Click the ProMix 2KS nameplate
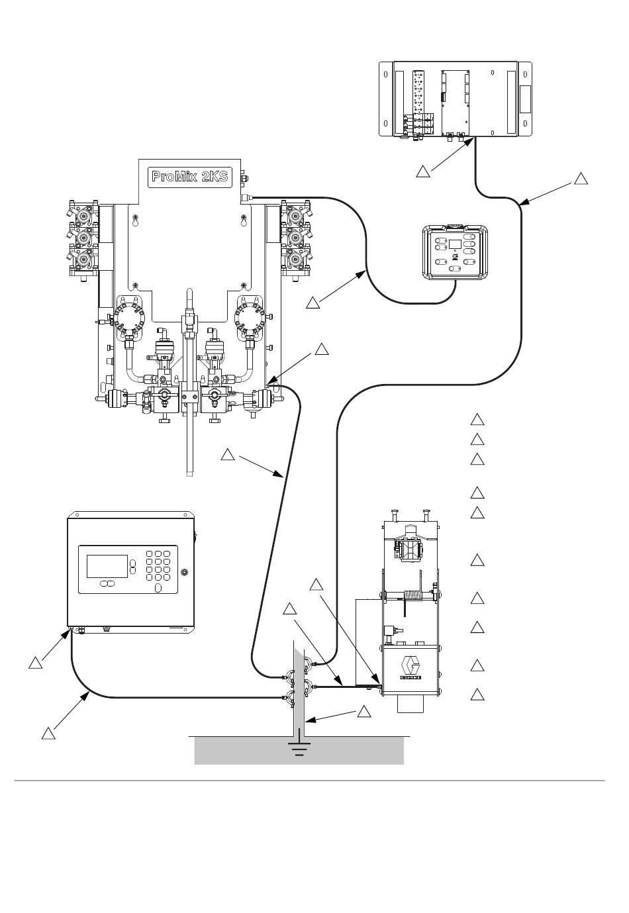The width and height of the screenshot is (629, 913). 189,177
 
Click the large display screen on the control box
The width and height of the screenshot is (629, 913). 107,565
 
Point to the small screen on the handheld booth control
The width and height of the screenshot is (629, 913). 456,244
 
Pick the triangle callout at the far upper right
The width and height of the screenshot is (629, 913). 581,179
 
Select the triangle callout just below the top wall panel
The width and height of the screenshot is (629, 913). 423,171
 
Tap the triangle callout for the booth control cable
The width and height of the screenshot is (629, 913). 313,303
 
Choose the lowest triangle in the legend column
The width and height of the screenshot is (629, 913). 477,695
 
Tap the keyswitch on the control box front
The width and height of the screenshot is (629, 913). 185,572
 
